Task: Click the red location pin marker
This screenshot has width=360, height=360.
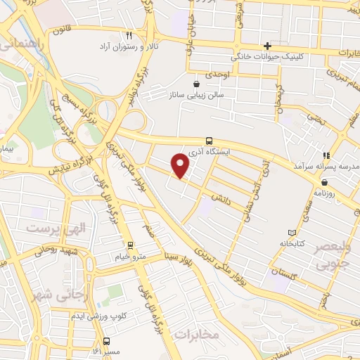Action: [x=181, y=166]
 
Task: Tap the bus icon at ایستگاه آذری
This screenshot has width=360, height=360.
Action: [x=209, y=140]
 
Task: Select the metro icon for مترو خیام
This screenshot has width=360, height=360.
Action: [x=129, y=245]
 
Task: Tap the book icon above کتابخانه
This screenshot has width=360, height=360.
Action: [x=292, y=233]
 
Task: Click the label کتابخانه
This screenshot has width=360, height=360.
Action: [x=292, y=244]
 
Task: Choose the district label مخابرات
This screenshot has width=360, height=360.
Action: [x=197, y=335]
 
